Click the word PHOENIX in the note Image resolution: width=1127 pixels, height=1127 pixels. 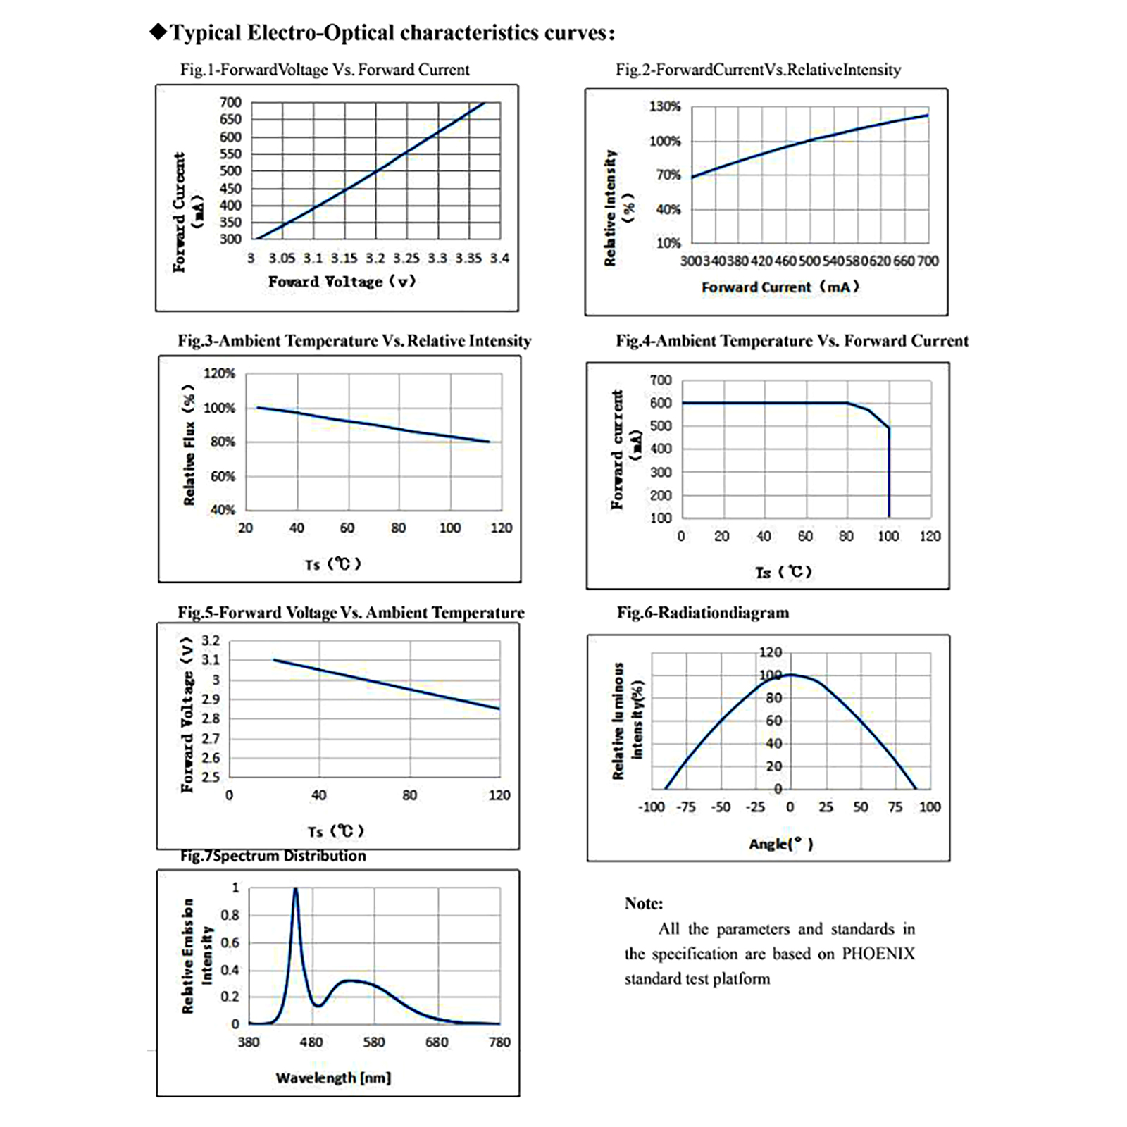tap(878, 954)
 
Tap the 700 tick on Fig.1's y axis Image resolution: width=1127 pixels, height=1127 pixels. tap(230, 102)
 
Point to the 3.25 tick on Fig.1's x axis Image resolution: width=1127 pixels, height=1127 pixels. tap(406, 259)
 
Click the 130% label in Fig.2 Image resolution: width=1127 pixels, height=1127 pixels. tap(664, 106)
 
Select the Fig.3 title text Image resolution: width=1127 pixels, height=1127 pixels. tap(354, 341)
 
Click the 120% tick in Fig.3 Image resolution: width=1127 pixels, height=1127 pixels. tap(219, 373)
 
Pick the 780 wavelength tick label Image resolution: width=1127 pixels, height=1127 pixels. tap(499, 1042)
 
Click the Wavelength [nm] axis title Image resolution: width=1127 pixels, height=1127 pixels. tap(333, 1078)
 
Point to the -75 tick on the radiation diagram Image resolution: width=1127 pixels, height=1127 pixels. tap(685, 807)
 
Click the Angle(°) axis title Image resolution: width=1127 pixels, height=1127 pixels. tap(780, 844)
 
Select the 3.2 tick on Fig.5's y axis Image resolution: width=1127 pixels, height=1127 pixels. tap(211, 640)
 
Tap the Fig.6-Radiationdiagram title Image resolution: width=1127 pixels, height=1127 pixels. tap(702, 613)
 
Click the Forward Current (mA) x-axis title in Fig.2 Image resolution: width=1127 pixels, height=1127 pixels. tap(780, 287)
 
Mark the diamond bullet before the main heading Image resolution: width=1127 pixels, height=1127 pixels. tap(158, 32)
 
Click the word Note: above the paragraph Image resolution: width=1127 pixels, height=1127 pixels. tap(643, 904)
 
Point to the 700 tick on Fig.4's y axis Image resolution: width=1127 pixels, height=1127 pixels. tap(661, 380)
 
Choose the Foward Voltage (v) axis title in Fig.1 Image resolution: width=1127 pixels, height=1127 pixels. tap(342, 282)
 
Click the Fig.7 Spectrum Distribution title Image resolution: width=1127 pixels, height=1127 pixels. tap(273, 856)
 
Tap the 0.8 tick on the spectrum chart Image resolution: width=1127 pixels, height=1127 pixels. tap(230, 915)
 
